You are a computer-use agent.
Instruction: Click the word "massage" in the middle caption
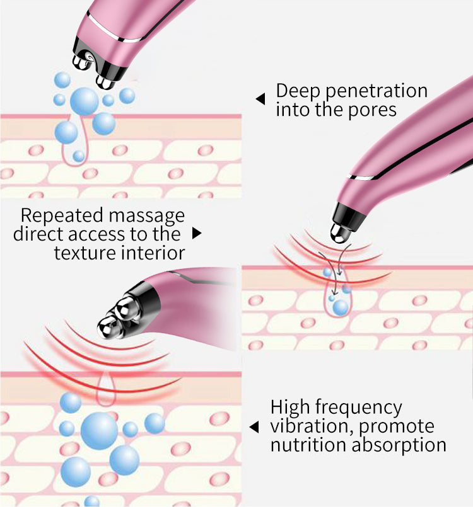146,216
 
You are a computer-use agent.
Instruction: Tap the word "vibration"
312,426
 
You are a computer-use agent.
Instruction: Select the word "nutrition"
310,445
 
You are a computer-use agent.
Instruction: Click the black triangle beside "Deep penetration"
260,99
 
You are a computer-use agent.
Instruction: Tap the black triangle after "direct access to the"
196,234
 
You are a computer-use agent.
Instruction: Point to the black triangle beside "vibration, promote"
254,427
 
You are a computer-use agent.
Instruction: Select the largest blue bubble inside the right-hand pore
339,307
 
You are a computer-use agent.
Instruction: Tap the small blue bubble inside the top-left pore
78,156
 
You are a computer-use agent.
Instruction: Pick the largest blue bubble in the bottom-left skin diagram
99,431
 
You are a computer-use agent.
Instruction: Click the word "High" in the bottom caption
290,407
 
